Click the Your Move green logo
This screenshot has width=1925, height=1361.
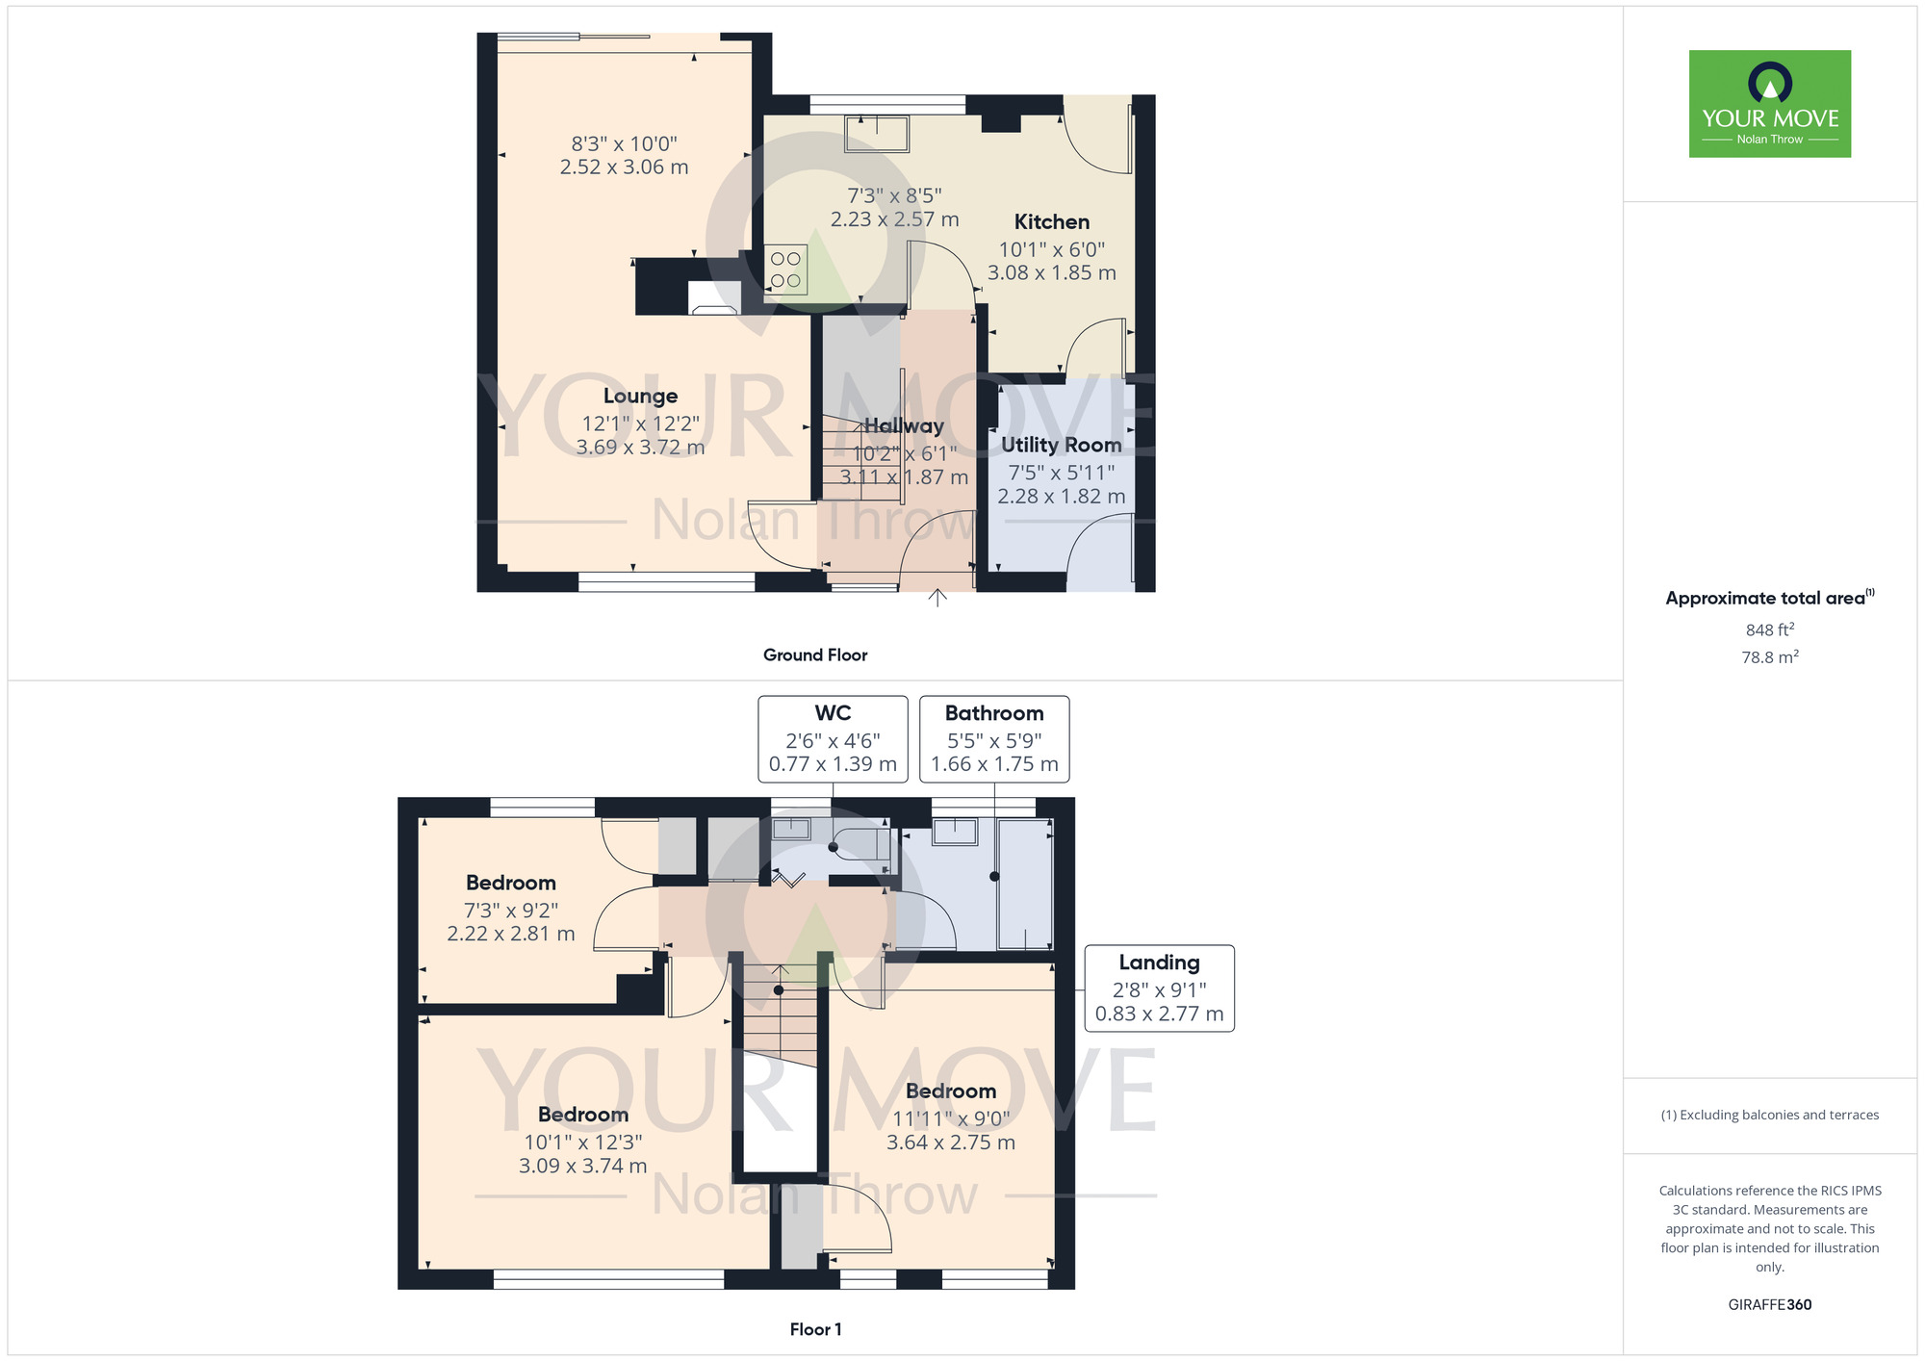[x=1769, y=104]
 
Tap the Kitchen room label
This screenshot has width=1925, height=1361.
[x=1052, y=222]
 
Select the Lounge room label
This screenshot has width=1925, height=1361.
[x=640, y=396]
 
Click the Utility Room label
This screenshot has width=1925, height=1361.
[x=1062, y=445]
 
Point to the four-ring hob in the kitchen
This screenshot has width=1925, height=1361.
[x=785, y=270]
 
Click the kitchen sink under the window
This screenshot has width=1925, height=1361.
[x=877, y=134]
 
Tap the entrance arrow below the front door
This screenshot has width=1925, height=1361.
[x=937, y=598]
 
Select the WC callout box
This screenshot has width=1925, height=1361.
[x=833, y=739]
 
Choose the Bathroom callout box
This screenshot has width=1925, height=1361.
[x=994, y=739]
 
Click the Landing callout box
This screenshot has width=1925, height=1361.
[x=1160, y=989]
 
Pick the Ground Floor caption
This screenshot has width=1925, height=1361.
[x=815, y=655]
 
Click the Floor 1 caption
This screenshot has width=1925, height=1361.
[x=815, y=1329]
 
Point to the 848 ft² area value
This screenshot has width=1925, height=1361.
[x=1770, y=629]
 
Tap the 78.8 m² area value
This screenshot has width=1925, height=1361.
[x=1770, y=656]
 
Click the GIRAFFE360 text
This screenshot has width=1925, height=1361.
[x=1770, y=1305]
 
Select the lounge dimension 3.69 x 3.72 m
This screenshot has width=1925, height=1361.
[x=640, y=448]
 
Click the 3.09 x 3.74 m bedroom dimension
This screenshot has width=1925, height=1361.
[x=583, y=1166]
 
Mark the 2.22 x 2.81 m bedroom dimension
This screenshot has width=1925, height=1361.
[x=511, y=934]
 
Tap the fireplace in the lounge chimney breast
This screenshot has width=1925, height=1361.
[x=714, y=298]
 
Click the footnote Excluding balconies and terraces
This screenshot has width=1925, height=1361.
[x=1770, y=1115]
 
